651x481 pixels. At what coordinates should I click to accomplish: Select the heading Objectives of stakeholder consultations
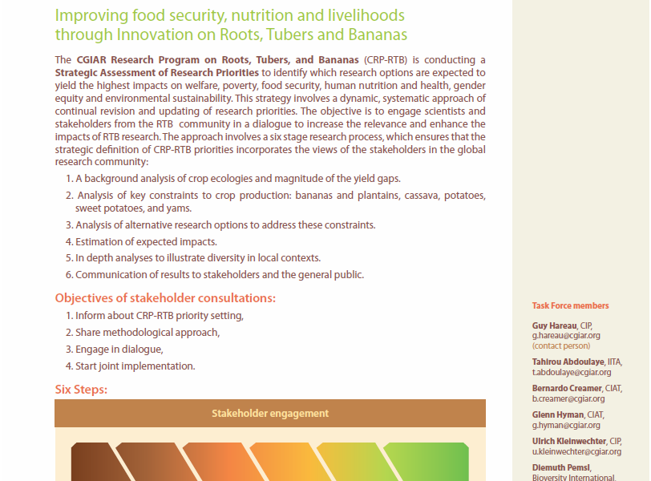165,298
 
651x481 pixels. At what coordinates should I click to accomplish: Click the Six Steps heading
81,390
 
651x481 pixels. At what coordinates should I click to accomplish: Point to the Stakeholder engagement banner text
270,414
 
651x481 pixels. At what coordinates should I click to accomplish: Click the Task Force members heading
570,305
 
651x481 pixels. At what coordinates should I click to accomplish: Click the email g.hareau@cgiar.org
566,336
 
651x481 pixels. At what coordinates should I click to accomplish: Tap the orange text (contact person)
561,346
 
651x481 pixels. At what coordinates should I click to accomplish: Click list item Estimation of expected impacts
146,241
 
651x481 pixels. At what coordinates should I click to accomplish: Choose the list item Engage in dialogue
119,350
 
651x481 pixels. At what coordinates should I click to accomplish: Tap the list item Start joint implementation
135,366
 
